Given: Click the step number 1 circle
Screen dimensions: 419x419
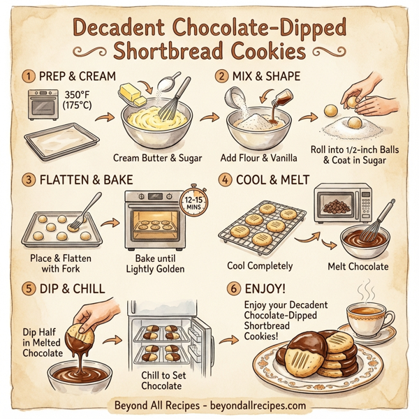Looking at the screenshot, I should point(29,75).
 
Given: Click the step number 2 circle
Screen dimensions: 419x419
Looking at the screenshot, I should point(222,75).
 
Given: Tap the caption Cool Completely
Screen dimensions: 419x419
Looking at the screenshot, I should point(260,266).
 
